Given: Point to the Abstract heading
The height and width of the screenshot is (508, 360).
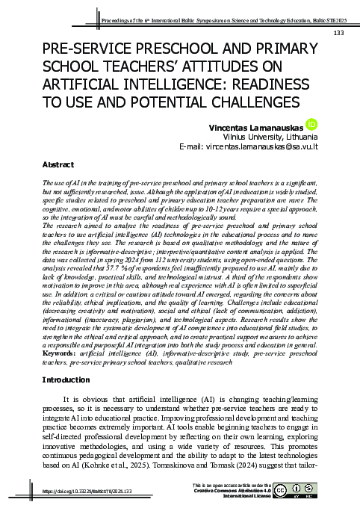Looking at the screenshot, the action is pos(58,163).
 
